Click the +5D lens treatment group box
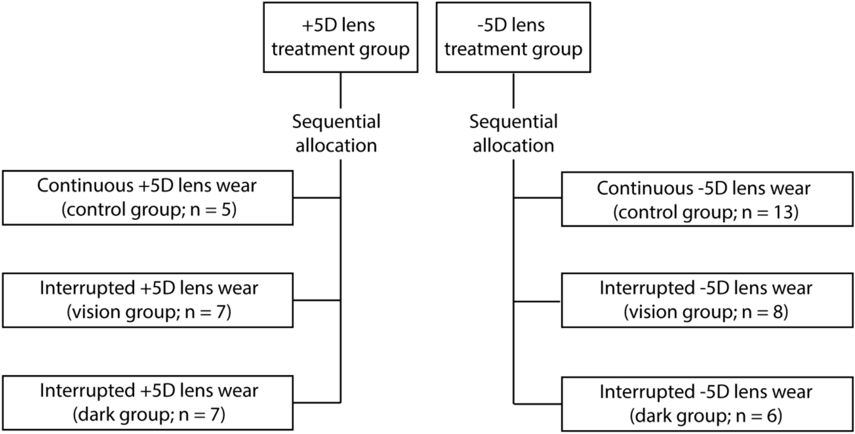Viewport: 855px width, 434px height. coord(340,37)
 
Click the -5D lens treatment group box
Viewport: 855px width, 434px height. coord(513,37)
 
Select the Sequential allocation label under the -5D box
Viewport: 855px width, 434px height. coord(513,133)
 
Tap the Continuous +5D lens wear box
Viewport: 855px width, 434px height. coord(148,199)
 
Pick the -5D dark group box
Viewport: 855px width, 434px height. coord(706,403)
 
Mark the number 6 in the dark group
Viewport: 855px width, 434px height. coord(775,416)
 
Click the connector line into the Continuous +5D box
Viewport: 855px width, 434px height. coord(317,198)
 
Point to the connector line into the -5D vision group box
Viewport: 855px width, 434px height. coord(537,301)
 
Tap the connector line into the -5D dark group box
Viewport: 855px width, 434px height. coord(537,404)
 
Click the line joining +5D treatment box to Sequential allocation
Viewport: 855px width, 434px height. coord(340,91)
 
